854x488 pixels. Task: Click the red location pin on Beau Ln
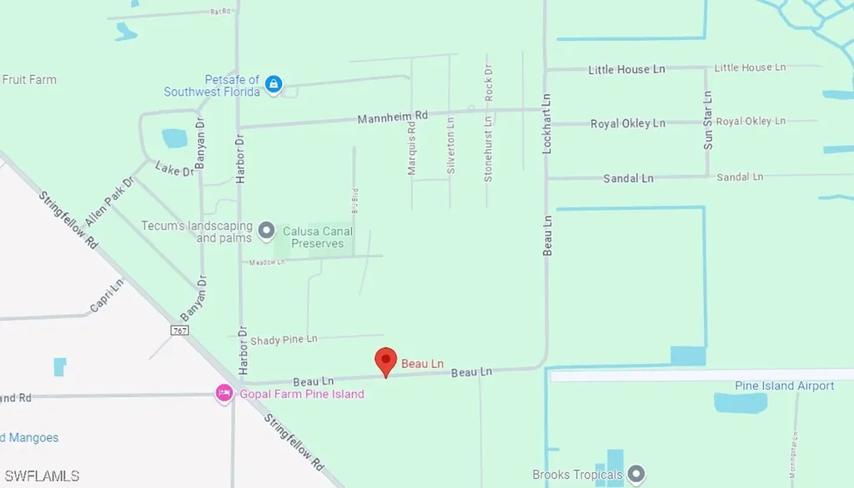click(385, 361)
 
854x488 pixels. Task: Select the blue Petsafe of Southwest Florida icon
click(274, 84)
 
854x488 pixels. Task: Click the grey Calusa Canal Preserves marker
click(267, 229)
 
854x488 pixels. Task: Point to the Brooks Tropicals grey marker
click(636, 475)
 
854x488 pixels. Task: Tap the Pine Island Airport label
click(784, 386)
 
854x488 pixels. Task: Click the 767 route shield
click(179, 331)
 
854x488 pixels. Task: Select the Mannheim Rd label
click(392, 116)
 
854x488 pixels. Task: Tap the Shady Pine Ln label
click(284, 339)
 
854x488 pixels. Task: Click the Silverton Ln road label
click(451, 144)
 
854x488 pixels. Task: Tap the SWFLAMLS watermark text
click(40, 476)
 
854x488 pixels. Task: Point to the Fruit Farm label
click(29, 80)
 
